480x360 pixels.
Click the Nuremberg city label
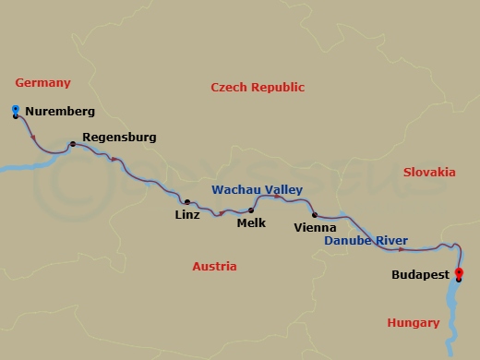(x=60, y=112)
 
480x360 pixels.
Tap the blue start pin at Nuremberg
(x=16, y=111)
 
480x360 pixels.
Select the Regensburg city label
(x=119, y=138)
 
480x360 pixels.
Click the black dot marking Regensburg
(x=71, y=144)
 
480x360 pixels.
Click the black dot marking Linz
(x=187, y=201)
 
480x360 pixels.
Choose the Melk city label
(x=251, y=222)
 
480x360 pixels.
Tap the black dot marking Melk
(x=251, y=210)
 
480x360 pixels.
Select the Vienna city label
(x=314, y=227)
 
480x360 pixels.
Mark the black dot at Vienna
(x=315, y=214)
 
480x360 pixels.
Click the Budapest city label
(x=420, y=275)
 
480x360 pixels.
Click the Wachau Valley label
(x=258, y=189)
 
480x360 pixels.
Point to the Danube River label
(x=366, y=241)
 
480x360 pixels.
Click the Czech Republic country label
(x=258, y=87)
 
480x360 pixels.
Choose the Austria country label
(x=214, y=266)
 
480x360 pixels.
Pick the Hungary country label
(x=413, y=322)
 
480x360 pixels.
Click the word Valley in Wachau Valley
(x=284, y=189)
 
